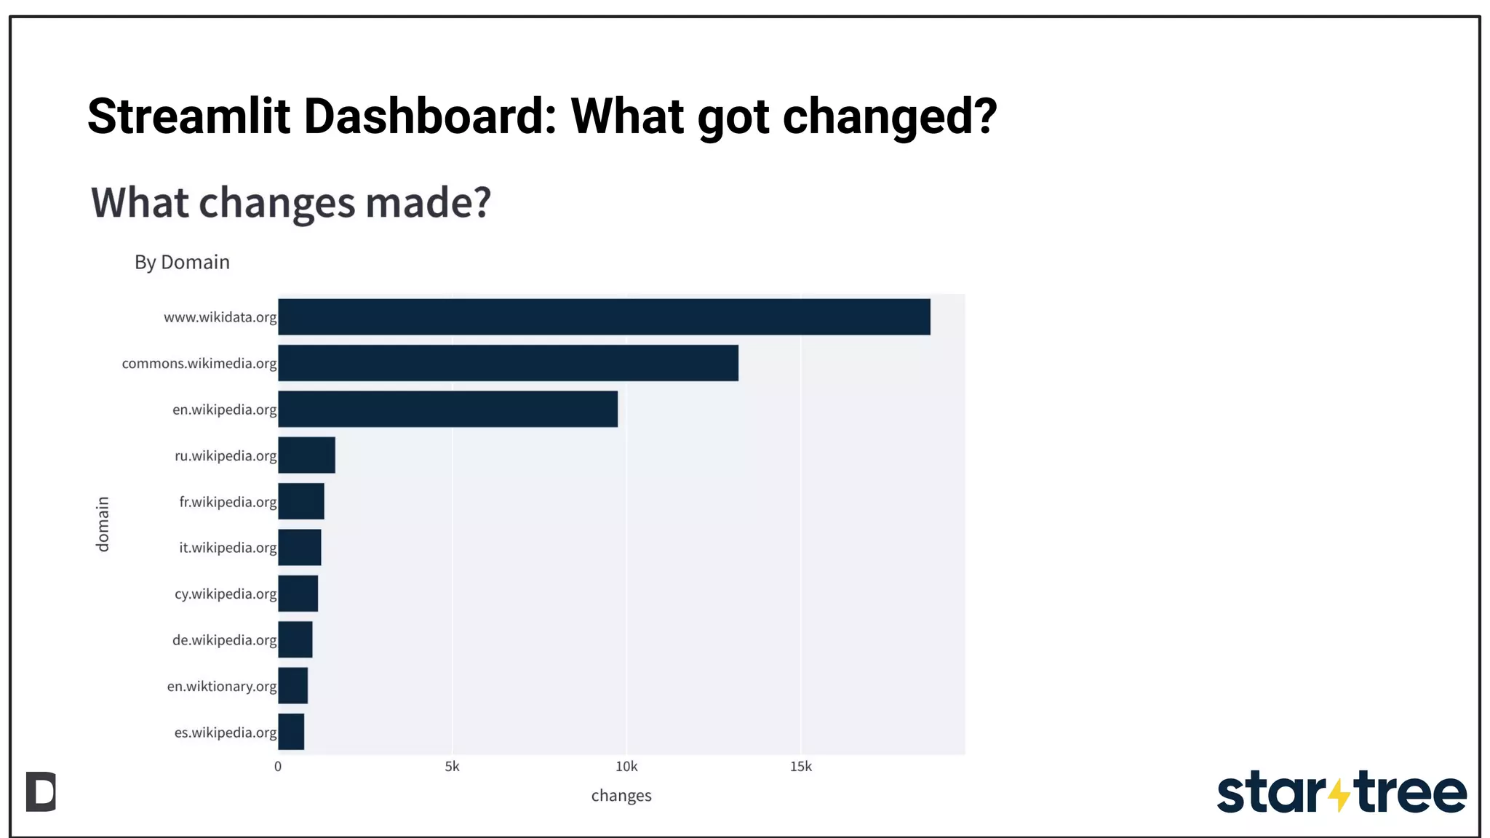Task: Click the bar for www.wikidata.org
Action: [604, 316]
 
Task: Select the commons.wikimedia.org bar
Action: [508, 363]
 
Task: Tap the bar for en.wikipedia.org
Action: [447, 409]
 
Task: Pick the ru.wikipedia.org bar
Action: [306, 455]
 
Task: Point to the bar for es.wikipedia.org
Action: [291, 732]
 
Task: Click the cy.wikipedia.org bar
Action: [298, 594]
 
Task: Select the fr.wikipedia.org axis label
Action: [228, 502]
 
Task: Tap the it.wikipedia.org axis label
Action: [228, 548]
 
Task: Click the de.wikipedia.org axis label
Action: [224, 640]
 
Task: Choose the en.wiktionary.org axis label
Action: [222, 686]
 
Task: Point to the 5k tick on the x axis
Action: [452, 767]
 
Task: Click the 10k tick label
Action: [626, 767]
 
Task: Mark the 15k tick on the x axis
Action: [800, 767]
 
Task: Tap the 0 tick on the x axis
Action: [278, 767]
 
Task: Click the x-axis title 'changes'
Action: [621, 796]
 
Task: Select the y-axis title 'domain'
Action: [103, 524]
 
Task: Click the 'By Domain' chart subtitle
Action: [182, 262]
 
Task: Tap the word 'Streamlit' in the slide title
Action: [188, 116]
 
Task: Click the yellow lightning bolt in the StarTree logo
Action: [1339, 794]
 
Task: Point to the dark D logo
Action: [41, 791]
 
